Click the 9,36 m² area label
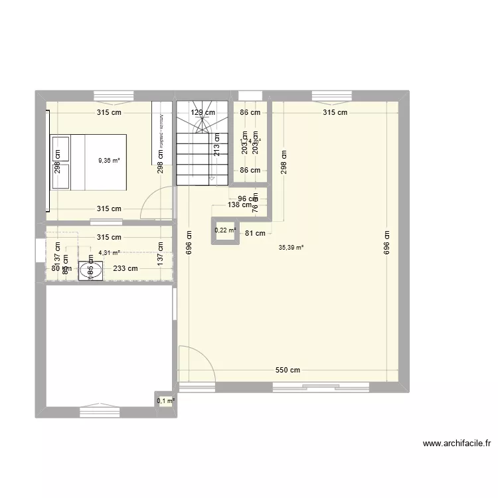[109, 160]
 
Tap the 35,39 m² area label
[291, 247]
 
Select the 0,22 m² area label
[225, 230]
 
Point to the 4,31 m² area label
[109, 252]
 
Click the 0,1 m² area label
[165, 400]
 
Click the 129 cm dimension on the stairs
[203, 112]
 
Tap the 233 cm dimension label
[125, 269]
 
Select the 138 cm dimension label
[240, 205]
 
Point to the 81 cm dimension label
[255, 233]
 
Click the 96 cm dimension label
[248, 199]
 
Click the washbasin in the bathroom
[90, 270]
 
